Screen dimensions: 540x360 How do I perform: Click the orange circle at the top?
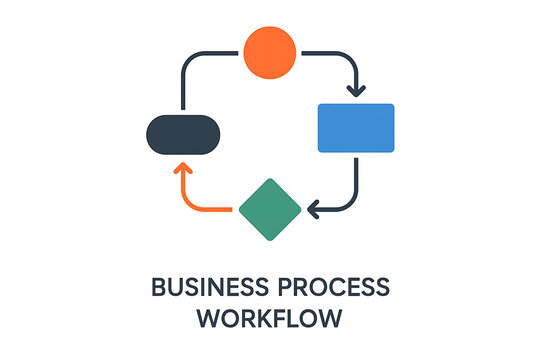click(x=270, y=52)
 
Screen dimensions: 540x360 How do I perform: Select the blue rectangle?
click(x=356, y=128)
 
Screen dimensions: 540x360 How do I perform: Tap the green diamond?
click(x=270, y=209)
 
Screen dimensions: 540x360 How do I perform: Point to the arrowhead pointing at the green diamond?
click(x=313, y=210)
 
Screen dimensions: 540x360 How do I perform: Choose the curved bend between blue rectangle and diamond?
click(x=351, y=204)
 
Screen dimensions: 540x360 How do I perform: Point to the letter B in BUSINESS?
click(x=157, y=288)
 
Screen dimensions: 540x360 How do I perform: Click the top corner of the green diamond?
click(x=270, y=180)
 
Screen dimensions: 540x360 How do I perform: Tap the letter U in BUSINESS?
click(x=174, y=288)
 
